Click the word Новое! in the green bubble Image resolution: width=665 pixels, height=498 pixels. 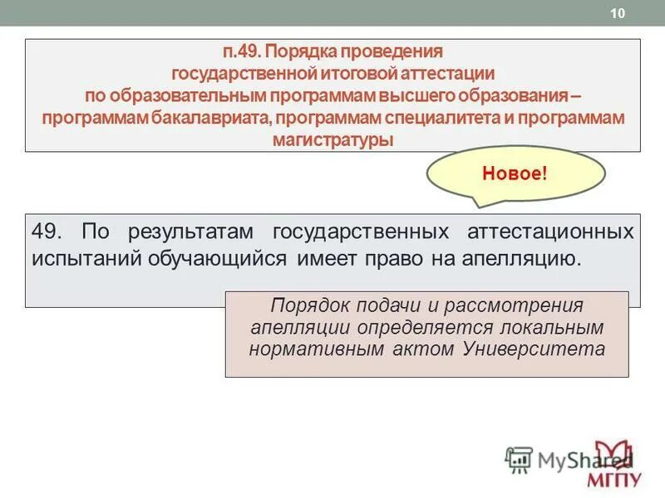click(515, 175)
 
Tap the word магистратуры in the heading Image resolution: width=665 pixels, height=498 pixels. click(332, 139)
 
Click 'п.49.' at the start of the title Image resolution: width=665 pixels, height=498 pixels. click(240, 52)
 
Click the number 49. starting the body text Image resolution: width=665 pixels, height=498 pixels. click(49, 230)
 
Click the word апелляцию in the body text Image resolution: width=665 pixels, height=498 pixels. click(515, 257)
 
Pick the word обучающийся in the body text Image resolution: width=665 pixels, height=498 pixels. click(219, 257)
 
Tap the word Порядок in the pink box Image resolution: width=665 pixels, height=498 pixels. click(308, 305)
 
